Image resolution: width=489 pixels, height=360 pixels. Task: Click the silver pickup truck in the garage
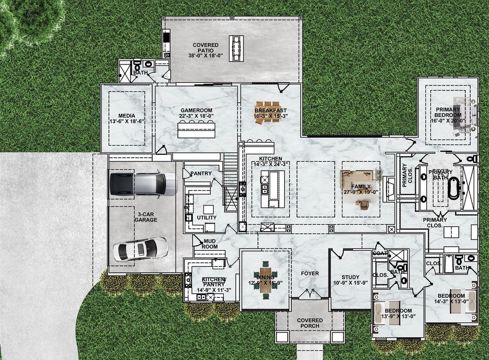143,184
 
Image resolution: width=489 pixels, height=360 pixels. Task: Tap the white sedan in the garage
140,249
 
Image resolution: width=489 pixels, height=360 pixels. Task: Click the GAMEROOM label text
196,110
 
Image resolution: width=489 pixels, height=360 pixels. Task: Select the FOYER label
310,273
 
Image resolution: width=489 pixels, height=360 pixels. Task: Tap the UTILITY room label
207,218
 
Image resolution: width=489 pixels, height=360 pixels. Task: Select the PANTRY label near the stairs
201,173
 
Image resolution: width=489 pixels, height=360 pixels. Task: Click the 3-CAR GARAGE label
147,217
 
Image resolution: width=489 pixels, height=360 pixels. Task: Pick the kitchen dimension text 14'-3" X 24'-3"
271,164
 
